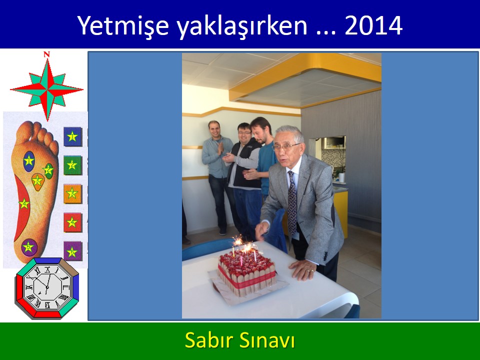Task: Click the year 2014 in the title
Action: [x=373, y=25]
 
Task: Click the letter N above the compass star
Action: [x=46, y=54]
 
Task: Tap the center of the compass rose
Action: [x=47, y=89]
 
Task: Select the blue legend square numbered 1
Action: [x=73, y=136]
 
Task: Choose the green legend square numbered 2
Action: [x=73, y=165]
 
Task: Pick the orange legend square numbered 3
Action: [x=73, y=194]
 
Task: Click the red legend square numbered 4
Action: [x=73, y=222]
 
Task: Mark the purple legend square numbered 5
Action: [x=73, y=251]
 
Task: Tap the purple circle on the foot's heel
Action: [x=29, y=247]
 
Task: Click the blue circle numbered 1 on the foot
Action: [x=29, y=161]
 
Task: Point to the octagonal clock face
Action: [x=47, y=288]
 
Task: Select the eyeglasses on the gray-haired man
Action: [x=285, y=147]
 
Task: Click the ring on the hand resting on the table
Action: [x=311, y=271]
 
